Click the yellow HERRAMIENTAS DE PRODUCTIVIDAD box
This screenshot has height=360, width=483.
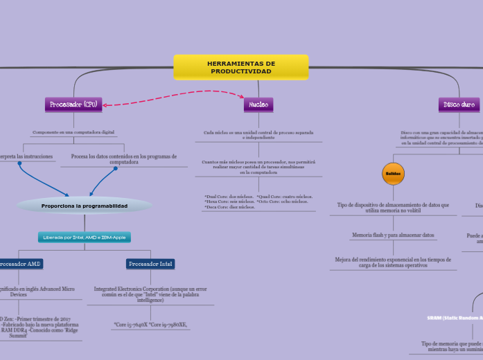pos(240,67)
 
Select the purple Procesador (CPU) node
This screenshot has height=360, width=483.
pos(74,105)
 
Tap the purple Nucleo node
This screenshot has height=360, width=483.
pos(258,105)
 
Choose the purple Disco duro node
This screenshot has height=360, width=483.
pos(459,105)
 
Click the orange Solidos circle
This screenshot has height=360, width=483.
pos(393,173)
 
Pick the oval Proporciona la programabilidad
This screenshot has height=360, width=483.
pos(85,206)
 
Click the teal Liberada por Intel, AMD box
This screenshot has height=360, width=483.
pos(85,237)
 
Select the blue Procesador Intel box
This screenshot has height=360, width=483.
pos(151,264)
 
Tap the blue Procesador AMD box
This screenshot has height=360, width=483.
pos(21,264)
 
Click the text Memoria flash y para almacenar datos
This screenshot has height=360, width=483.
pos(393,235)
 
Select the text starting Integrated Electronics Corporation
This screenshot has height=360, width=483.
pos(150,294)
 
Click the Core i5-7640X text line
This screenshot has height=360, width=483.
pos(150,324)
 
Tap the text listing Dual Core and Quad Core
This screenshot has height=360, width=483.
pos(258,201)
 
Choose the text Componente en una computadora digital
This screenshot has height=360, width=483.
pos(74,132)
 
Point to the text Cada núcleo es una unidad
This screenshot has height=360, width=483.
pos(258,134)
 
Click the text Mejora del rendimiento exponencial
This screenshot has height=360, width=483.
pos(393,262)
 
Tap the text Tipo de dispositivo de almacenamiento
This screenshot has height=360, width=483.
pos(393,207)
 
